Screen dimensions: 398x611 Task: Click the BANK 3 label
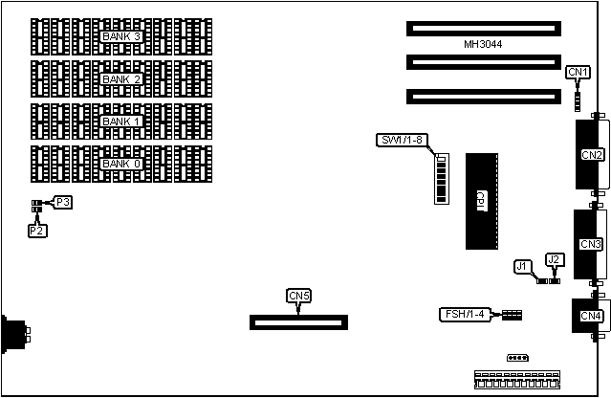pos(121,36)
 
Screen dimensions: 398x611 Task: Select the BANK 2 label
pos(121,79)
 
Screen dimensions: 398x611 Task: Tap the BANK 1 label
pos(121,122)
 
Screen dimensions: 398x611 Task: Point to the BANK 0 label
pos(121,164)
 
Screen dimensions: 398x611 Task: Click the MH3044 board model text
pos(483,45)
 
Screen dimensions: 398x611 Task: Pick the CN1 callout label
pos(578,72)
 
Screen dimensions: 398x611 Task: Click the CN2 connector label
pos(591,155)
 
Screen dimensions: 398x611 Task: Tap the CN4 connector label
pos(591,315)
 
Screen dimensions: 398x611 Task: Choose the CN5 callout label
pos(298,296)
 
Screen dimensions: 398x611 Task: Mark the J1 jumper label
pos(522,266)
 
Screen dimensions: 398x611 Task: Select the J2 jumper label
pos(553,259)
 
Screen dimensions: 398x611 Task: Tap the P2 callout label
pos(36,231)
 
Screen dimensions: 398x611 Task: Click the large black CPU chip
pos(482,201)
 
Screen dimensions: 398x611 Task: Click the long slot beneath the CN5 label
pos(299,321)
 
